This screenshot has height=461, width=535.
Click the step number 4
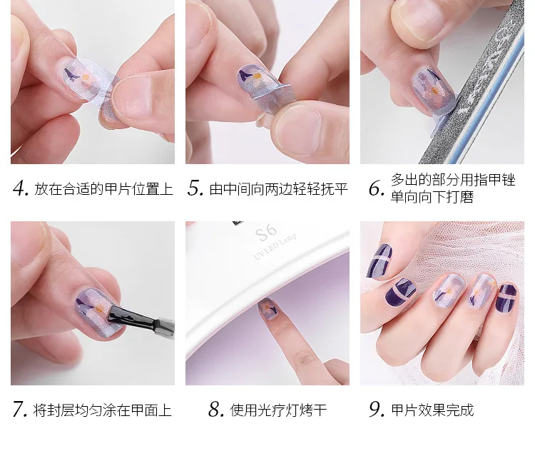coord(21,188)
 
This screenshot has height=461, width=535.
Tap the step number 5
coord(195,188)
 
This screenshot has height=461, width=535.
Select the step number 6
coord(377,188)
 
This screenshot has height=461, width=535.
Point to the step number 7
coord(20,409)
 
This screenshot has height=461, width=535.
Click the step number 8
coord(216,409)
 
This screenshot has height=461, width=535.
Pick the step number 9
coord(377,409)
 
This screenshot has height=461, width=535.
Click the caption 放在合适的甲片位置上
coord(103,188)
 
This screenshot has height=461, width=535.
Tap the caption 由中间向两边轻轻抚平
coord(278,188)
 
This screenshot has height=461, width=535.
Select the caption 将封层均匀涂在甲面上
coord(102,410)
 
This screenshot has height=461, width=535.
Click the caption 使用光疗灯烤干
coord(278,410)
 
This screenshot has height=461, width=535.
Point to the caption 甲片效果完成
coord(433,410)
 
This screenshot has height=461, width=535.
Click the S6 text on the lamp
coord(266,232)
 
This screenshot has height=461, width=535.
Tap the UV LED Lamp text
coord(275,246)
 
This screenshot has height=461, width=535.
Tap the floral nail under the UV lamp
coord(268,308)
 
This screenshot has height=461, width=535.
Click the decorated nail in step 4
coord(83,78)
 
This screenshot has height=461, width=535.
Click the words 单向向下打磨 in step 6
coord(432,197)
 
